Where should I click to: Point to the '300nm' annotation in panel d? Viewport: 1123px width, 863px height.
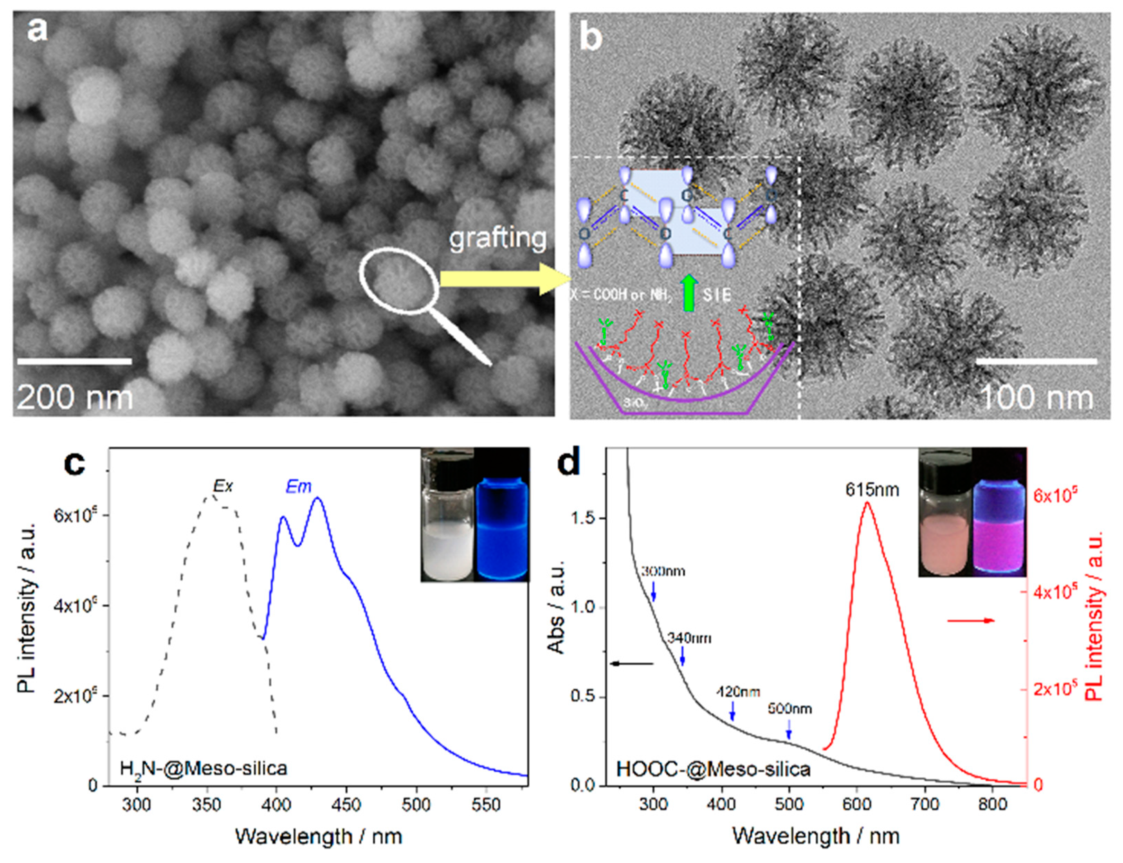tap(663, 571)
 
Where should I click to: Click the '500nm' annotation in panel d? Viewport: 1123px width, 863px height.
tap(790, 709)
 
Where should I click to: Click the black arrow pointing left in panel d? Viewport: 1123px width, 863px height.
tap(632, 664)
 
